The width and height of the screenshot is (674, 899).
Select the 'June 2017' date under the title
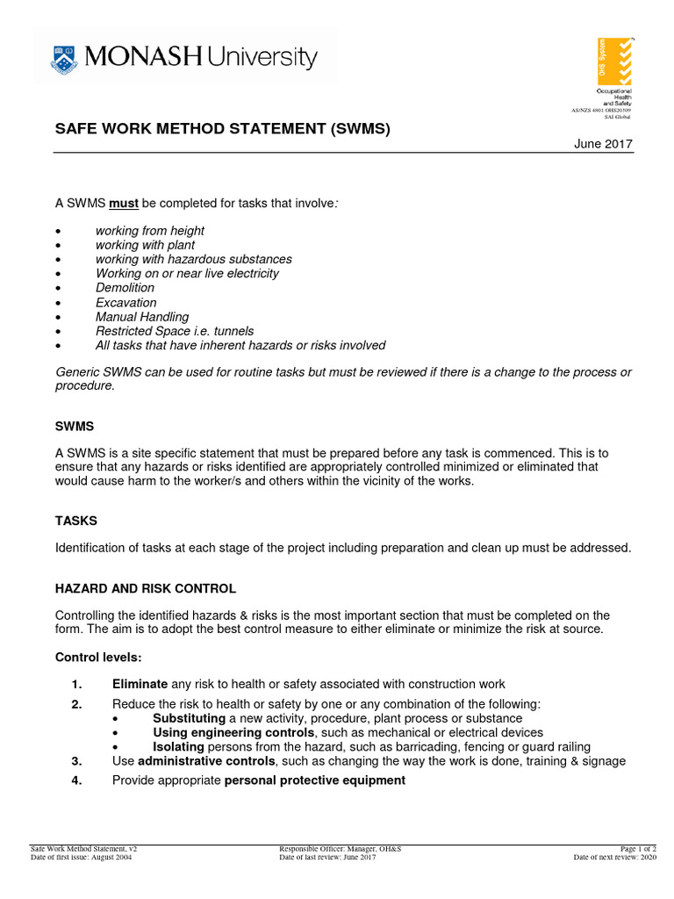click(603, 144)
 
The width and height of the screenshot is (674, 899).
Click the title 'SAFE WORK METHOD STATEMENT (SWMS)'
click(223, 129)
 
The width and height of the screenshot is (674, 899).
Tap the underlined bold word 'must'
click(124, 204)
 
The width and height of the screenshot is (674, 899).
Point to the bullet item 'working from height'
click(150, 231)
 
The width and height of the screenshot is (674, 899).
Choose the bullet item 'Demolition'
click(125, 288)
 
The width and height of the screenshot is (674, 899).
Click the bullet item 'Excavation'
click(126, 303)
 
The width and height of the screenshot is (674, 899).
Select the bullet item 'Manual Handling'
click(142, 317)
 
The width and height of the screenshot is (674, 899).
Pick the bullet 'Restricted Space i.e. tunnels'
click(175, 331)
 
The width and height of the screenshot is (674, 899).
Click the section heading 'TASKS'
click(76, 521)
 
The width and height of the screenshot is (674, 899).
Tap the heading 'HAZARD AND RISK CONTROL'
click(146, 588)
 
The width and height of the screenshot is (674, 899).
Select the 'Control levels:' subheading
click(97, 657)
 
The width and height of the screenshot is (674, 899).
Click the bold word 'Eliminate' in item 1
click(140, 684)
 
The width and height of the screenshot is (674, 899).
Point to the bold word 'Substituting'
click(189, 718)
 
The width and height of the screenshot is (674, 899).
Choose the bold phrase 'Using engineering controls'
click(233, 732)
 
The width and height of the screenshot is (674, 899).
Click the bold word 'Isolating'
click(178, 747)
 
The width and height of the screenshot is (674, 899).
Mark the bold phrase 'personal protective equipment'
click(315, 780)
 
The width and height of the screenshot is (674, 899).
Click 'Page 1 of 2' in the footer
click(638, 849)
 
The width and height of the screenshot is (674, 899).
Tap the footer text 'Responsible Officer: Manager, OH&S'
click(341, 849)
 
